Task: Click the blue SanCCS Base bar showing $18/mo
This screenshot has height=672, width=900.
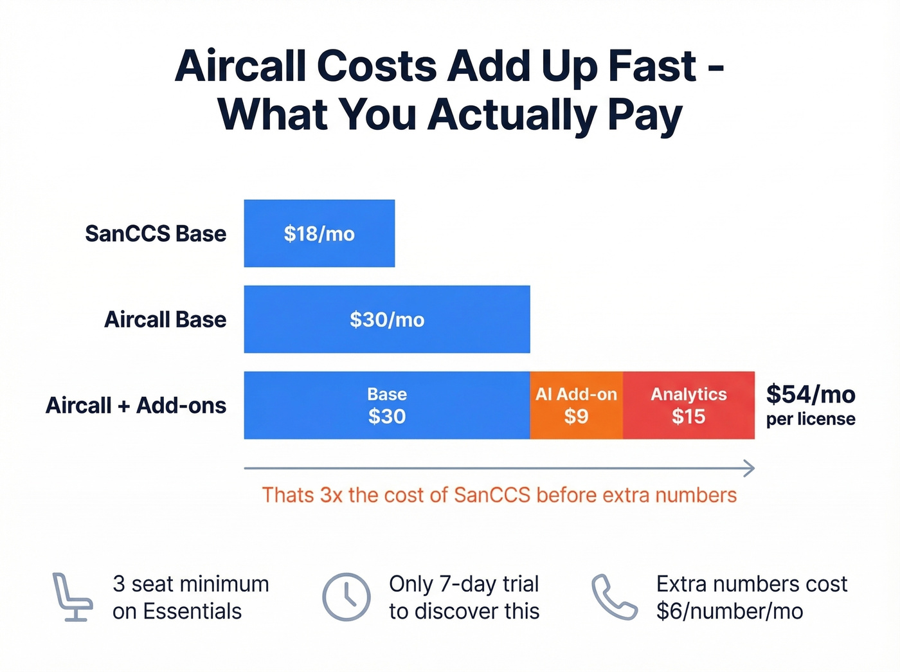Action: point(319,233)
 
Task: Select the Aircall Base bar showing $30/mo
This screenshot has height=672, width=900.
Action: point(386,320)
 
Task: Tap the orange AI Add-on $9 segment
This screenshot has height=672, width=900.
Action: point(576,405)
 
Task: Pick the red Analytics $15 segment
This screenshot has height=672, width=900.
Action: point(688,405)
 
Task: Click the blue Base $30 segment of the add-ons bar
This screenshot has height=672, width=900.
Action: point(386,405)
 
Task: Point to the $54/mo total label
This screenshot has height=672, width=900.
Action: point(810,394)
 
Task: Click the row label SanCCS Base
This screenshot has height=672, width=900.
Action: point(156,233)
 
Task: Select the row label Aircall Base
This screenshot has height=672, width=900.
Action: point(165,320)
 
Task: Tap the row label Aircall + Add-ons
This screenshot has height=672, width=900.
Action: point(136,406)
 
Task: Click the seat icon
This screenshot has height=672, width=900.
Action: point(71,597)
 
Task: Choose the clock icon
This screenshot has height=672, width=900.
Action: point(346,597)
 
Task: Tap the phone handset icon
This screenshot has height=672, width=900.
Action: point(614,597)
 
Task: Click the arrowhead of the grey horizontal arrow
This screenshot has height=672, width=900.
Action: point(749,469)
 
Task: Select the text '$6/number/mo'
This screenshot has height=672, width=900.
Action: point(730,611)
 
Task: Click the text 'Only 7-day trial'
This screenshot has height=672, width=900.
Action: point(464,584)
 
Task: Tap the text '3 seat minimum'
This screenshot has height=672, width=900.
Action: point(191,584)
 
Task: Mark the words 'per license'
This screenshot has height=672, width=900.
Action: point(811,419)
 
